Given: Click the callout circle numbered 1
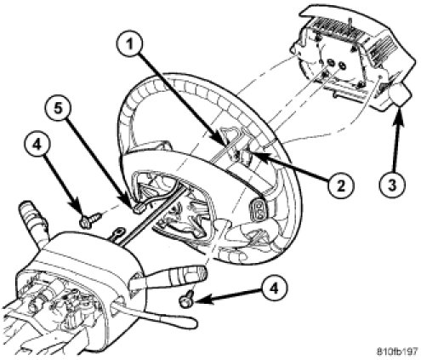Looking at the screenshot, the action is point(129,45).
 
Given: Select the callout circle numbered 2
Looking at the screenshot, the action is point(340,186).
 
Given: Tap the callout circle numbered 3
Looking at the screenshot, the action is point(392,186).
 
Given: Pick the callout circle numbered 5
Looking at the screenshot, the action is point(58,109).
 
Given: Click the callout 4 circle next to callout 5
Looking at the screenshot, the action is point(37,145).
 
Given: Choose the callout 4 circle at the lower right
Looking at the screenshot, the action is point(274,289).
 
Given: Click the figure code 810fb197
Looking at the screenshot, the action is point(397,351).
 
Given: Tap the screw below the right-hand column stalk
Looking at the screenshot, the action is point(186,299).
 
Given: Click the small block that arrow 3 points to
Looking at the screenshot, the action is point(401,95).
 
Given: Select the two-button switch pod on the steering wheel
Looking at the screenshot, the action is point(258,209).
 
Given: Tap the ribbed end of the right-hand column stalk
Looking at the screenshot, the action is point(196,273).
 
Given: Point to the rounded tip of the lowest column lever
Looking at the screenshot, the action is point(191,322).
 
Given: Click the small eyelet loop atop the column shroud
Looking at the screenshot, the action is point(117,233).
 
